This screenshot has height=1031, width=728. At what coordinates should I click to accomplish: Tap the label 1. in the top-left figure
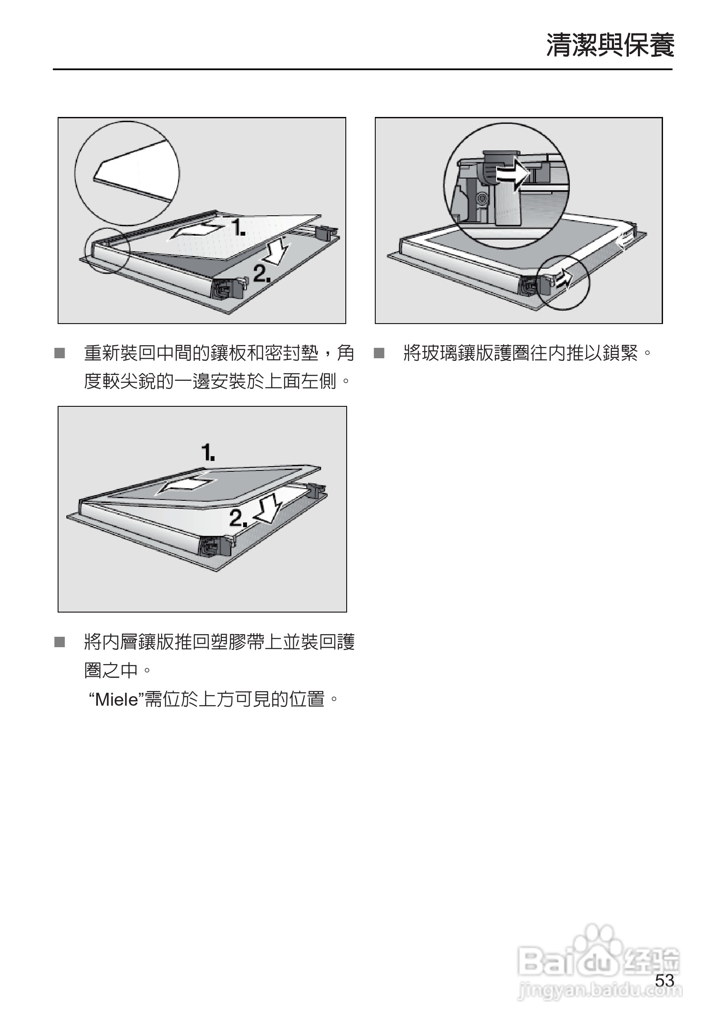tap(238, 228)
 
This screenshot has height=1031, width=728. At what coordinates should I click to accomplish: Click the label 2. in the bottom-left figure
tap(238, 519)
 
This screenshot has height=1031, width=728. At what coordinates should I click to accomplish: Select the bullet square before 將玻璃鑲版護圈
tap(379, 354)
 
